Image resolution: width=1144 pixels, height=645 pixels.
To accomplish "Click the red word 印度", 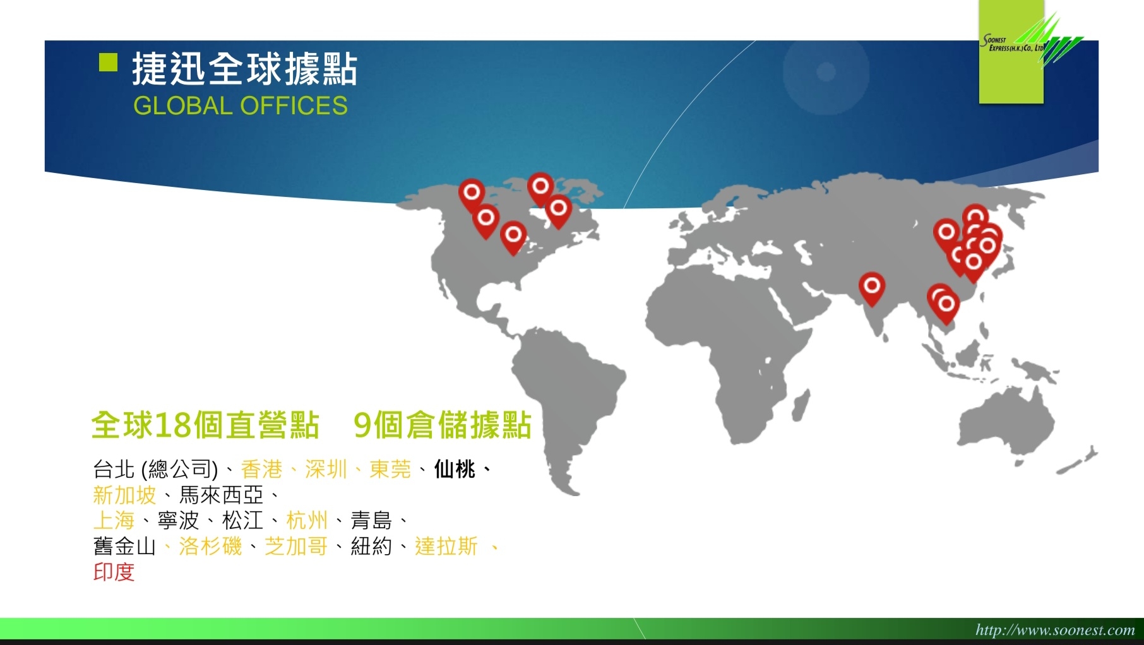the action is [114, 572].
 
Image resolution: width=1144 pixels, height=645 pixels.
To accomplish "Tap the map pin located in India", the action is [872, 288].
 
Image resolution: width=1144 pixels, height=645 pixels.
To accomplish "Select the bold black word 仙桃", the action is [455, 469].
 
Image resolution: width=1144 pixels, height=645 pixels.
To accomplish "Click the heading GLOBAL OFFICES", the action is [241, 106].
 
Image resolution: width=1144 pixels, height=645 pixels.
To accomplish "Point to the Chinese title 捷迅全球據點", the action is [245, 69].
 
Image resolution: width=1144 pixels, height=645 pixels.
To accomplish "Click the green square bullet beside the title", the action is [109, 62].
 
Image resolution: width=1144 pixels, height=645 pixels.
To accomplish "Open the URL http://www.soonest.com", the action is [1055, 629].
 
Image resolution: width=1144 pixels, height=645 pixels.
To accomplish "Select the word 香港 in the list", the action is [261, 469].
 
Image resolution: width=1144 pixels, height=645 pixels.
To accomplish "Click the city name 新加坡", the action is [124, 495].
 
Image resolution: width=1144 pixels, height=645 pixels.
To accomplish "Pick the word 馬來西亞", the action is [222, 495].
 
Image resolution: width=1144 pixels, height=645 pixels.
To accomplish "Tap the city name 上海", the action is [114, 521].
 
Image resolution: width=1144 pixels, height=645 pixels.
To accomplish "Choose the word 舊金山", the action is [124, 547].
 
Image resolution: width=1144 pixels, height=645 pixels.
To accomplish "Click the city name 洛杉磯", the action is [210, 547].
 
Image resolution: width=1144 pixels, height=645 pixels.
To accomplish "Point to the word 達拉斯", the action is [446, 547].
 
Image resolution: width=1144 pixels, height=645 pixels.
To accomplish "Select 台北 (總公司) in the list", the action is [155, 469].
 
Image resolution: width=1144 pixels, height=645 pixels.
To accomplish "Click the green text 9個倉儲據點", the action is [443, 425].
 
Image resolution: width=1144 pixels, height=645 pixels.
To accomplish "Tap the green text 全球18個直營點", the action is [205, 425].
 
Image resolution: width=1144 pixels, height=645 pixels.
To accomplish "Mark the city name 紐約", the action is [371, 547].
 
